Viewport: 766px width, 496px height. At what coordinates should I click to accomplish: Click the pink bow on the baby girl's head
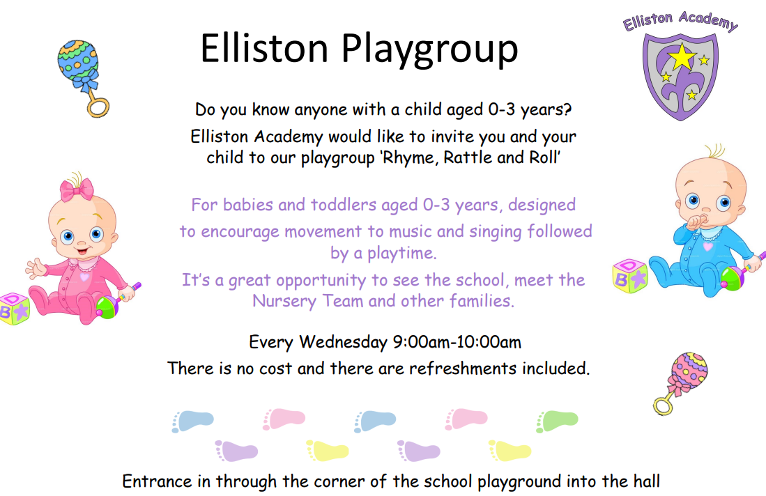coord(77,189)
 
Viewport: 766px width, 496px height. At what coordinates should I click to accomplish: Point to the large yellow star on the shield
coord(681,57)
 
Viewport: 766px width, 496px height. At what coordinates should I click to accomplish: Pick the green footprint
coord(558,419)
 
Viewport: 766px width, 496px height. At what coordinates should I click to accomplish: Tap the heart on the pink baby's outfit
coord(84,276)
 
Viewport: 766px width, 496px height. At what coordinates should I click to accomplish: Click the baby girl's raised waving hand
coord(36,267)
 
